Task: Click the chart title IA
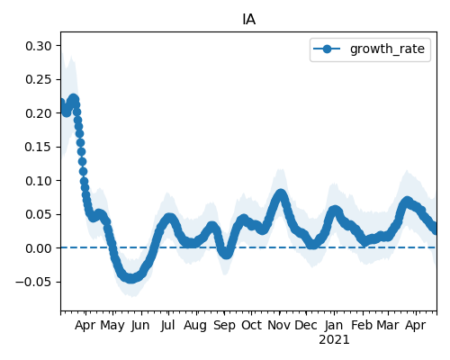pyautogui.click(x=248, y=20)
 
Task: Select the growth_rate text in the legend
pyautogui.click(x=387, y=49)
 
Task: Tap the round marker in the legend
pyautogui.click(x=327, y=49)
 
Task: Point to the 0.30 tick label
pyautogui.click(x=39, y=46)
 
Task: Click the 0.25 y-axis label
pyautogui.click(x=39, y=79)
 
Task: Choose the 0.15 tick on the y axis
pyautogui.click(x=39, y=147)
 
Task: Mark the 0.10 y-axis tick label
pyautogui.click(x=39, y=181)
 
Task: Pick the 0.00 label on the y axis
pyautogui.click(x=39, y=248)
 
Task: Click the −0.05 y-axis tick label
pyautogui.click(x=33, y=282)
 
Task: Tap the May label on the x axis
pyautogui.click(x=112, y=326)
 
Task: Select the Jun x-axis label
pyautogui.click(x=140, y=325)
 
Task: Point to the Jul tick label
pyautogui.click(x=167, y=325)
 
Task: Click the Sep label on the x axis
pyautogui.click(x=225, y=326)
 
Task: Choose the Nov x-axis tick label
pyautogui.click(x=279, y=325)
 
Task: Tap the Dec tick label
pyautogui.click(x=306, y=325)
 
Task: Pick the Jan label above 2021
pyautogui.click(x=334, y=325)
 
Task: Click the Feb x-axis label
pyautogui.click(x=363, y=325)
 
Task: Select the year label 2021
pyautogui.click(x=334, y=340)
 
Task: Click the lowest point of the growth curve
pyautogui.click(x=130, y=278)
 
